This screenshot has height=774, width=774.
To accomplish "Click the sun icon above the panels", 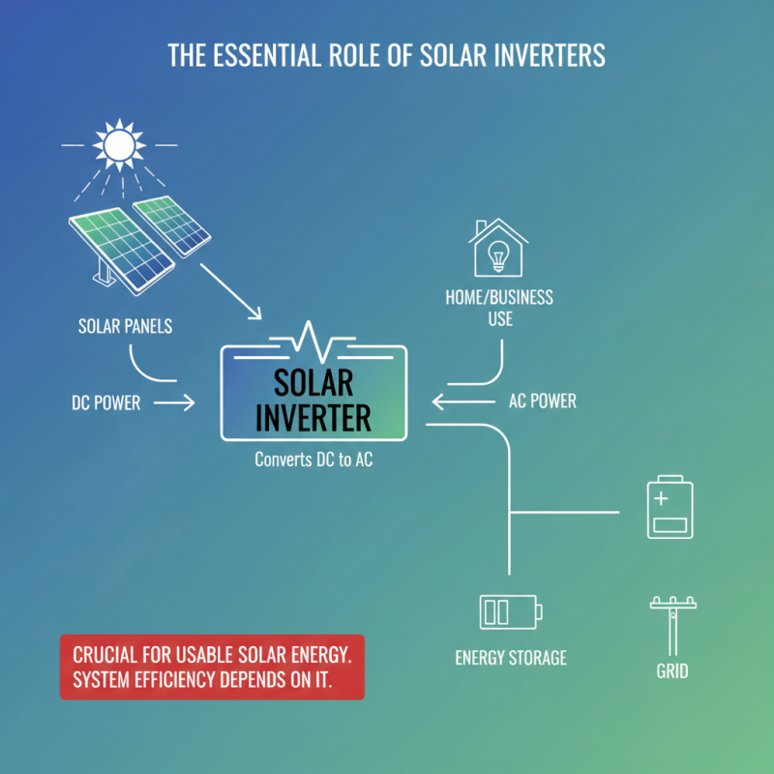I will click(118, 145).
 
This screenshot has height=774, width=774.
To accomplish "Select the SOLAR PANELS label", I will click(125, 326).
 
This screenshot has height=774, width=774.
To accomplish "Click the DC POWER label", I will click(105, 403).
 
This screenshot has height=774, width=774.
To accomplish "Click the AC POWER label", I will click(542, 402).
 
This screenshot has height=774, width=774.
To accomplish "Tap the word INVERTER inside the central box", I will click(313, 418).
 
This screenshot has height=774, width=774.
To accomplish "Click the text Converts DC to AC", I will click(313, 461).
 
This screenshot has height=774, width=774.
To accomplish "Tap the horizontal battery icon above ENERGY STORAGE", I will click(510, 611).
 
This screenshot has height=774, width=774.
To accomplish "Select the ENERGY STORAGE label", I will click(511, 658).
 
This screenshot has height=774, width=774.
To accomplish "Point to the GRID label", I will click(672, 670).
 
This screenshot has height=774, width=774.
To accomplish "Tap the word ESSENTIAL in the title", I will click(257, 55).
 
